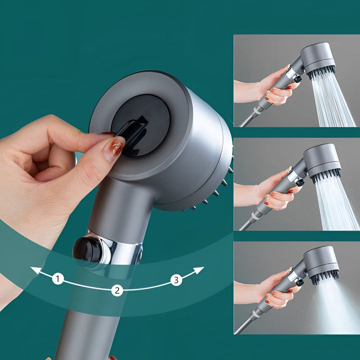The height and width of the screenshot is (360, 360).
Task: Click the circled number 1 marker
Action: [x=58, y=279]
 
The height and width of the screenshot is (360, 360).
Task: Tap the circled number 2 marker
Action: [x=117, y=290]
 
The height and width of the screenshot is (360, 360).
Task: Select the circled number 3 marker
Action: [x=176, y=280]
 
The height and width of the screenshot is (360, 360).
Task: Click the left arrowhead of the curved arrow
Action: [x=35, y=270]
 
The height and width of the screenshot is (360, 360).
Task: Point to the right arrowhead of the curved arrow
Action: [x=199, y=270]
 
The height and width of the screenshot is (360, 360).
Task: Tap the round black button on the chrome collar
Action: [x=88, y=249]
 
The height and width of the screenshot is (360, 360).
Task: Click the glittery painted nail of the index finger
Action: [x=113, y=148]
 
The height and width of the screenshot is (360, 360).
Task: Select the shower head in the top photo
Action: [x=318, y=59]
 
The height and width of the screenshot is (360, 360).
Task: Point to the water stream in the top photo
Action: [x=332, y=102]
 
